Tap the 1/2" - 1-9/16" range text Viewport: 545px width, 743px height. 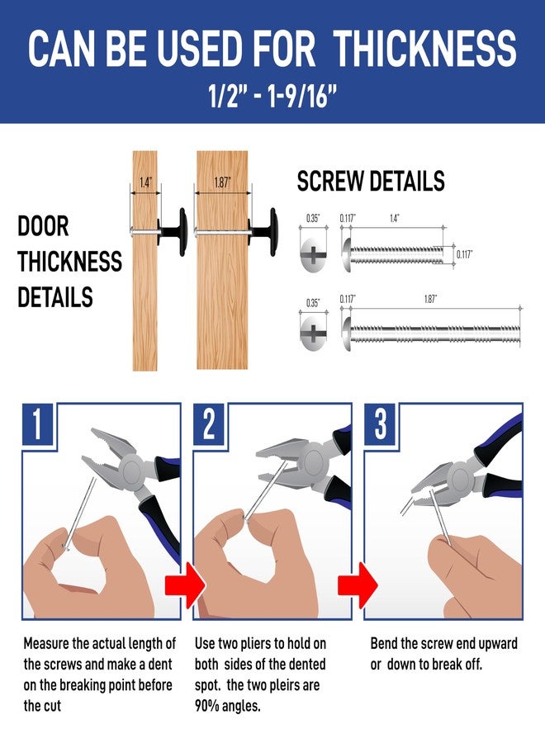tap(272, 97)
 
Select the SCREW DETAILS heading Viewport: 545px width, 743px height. tap(371, 181)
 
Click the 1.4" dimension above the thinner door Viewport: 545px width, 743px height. tap(145, 182)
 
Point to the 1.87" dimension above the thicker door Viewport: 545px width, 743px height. tap(222, 182)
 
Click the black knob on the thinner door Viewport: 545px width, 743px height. tap(173, 232)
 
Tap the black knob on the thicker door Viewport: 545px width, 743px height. tap(263, 232)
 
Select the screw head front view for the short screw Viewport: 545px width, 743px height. tap(313, 255)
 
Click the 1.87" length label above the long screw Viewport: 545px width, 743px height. tap(430, 299)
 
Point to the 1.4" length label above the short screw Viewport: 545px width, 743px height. tap(394, 218)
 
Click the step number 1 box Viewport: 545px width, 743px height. tap(37, 424)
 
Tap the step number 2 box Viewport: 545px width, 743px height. tap(209, 424)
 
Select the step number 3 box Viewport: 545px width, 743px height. tap(380, 424)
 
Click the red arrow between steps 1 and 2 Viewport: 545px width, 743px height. tap(185, 585)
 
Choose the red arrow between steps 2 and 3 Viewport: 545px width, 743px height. tap(358, 585)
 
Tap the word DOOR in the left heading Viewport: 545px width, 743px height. tap(43, 226)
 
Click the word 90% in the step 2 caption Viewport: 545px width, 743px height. tap(206, 706)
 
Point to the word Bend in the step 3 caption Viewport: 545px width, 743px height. tap(384, 643)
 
